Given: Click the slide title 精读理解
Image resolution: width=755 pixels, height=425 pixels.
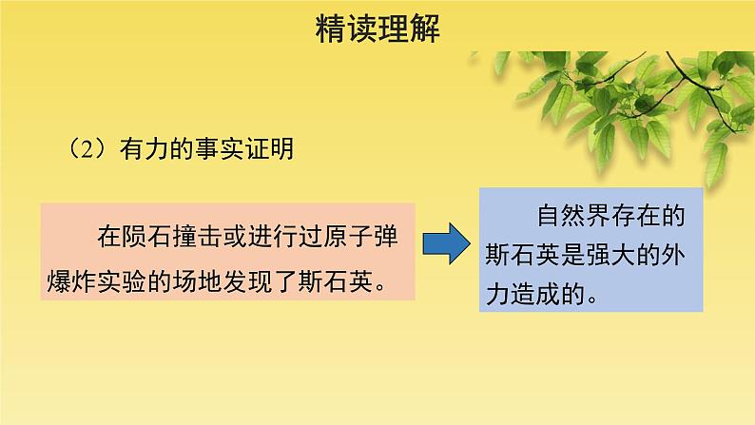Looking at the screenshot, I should tap(377, 32).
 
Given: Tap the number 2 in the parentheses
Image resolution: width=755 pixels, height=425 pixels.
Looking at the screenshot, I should tap(85, 149).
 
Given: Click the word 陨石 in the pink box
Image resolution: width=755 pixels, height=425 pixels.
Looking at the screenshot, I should tap(140, 235).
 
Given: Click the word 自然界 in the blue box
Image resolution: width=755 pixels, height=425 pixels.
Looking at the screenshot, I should tap(573, 217).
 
